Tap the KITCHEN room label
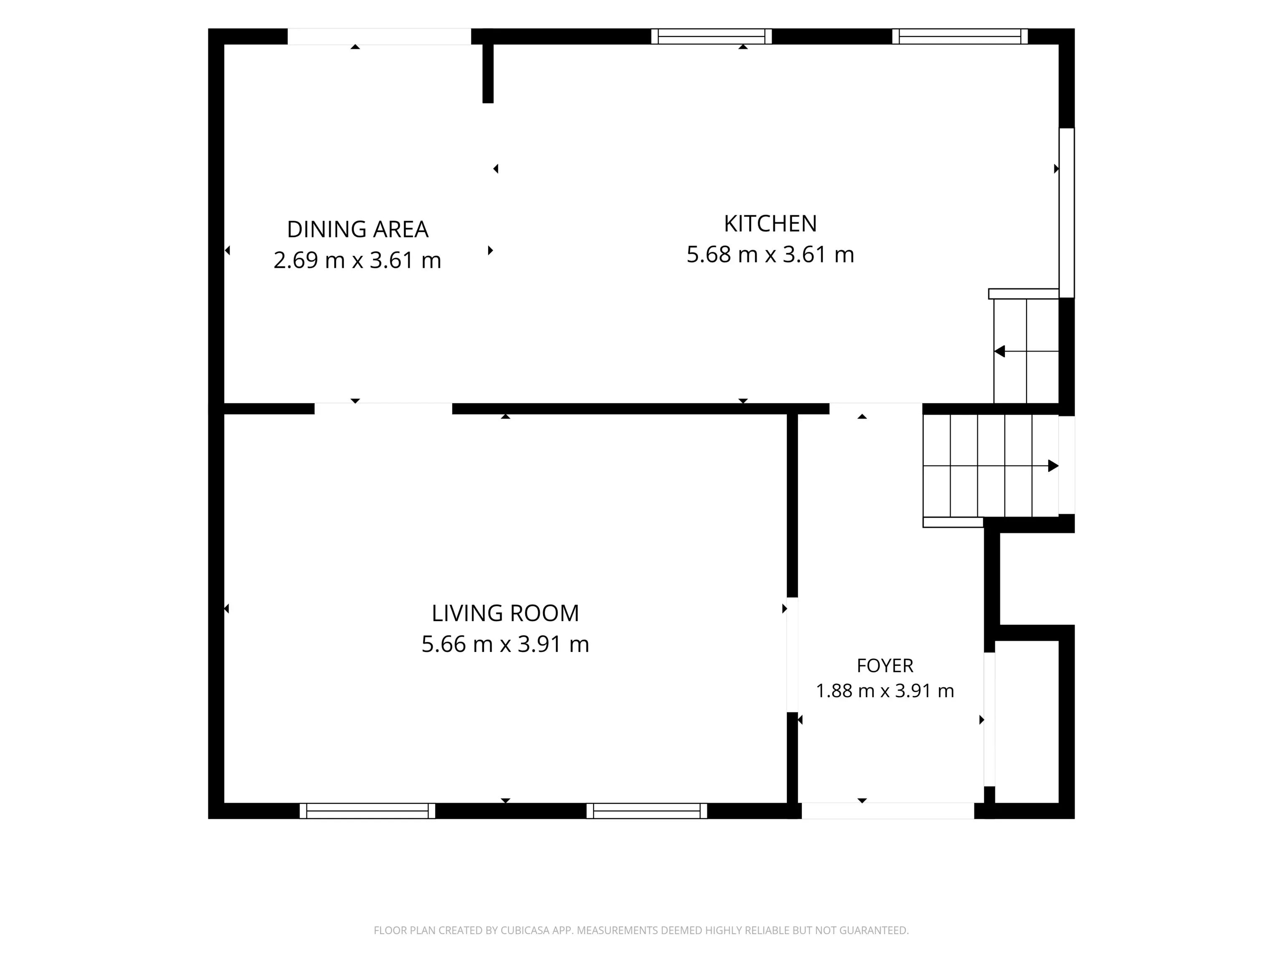[x=770, y=224]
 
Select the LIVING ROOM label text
[x=505, y=613]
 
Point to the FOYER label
[x=885, y=665]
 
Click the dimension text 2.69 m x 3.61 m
[x=357, y=260]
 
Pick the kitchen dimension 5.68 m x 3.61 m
[x=770, y=254]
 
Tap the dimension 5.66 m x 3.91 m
[x=505, y=644]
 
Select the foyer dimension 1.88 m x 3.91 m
[x=885, y=691]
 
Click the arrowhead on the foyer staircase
[x=1053, y=466]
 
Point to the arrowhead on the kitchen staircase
[x=999, y=351]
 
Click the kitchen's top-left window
[x=711, y=36]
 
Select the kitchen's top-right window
[x=960, y=36]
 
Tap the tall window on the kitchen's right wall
[x=1067, y=213]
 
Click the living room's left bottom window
[x=367, y=811]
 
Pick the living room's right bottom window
[x=647, y=811]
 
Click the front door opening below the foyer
[x=887, y=811]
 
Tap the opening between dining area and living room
[x=383, y=409]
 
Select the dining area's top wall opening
[x=379, y=36]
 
